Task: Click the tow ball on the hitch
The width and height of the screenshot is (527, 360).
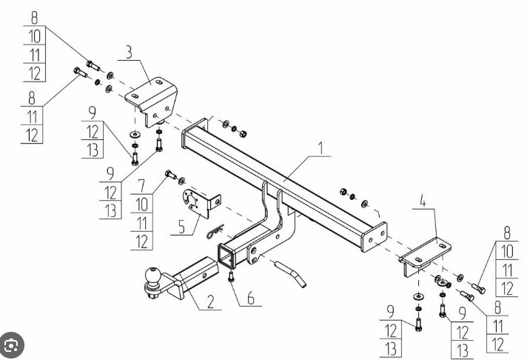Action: coord(152,276)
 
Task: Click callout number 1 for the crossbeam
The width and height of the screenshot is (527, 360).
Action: coord(321,148)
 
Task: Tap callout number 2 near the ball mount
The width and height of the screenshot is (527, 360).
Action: coord(210,301)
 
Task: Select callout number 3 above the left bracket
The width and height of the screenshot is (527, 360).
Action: coord(129,52)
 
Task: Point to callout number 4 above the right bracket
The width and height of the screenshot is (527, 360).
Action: coord(423,201)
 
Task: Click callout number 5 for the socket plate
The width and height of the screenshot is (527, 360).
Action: coord(181,227)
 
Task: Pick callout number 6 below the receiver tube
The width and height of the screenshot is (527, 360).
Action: coord(251,298)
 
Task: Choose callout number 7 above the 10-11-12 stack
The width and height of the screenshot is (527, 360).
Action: coord(141,186)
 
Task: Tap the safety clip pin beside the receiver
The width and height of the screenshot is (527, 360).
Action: coord(215,231)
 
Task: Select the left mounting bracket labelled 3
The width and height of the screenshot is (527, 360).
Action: coord(152,101)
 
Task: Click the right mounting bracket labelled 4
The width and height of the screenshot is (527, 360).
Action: coord(425,256)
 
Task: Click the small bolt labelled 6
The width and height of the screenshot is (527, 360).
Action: coord(231,276)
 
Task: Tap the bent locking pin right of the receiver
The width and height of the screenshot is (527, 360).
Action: coord(290,273)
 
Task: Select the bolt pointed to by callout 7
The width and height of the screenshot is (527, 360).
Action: coord(171,175)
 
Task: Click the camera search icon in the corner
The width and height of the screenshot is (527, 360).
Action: coord(12,345)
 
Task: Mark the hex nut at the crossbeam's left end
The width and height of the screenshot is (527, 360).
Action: coord(244,133)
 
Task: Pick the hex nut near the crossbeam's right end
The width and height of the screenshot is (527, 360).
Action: coord(343,192)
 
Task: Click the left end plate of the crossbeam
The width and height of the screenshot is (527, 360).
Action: coord(194,133)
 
